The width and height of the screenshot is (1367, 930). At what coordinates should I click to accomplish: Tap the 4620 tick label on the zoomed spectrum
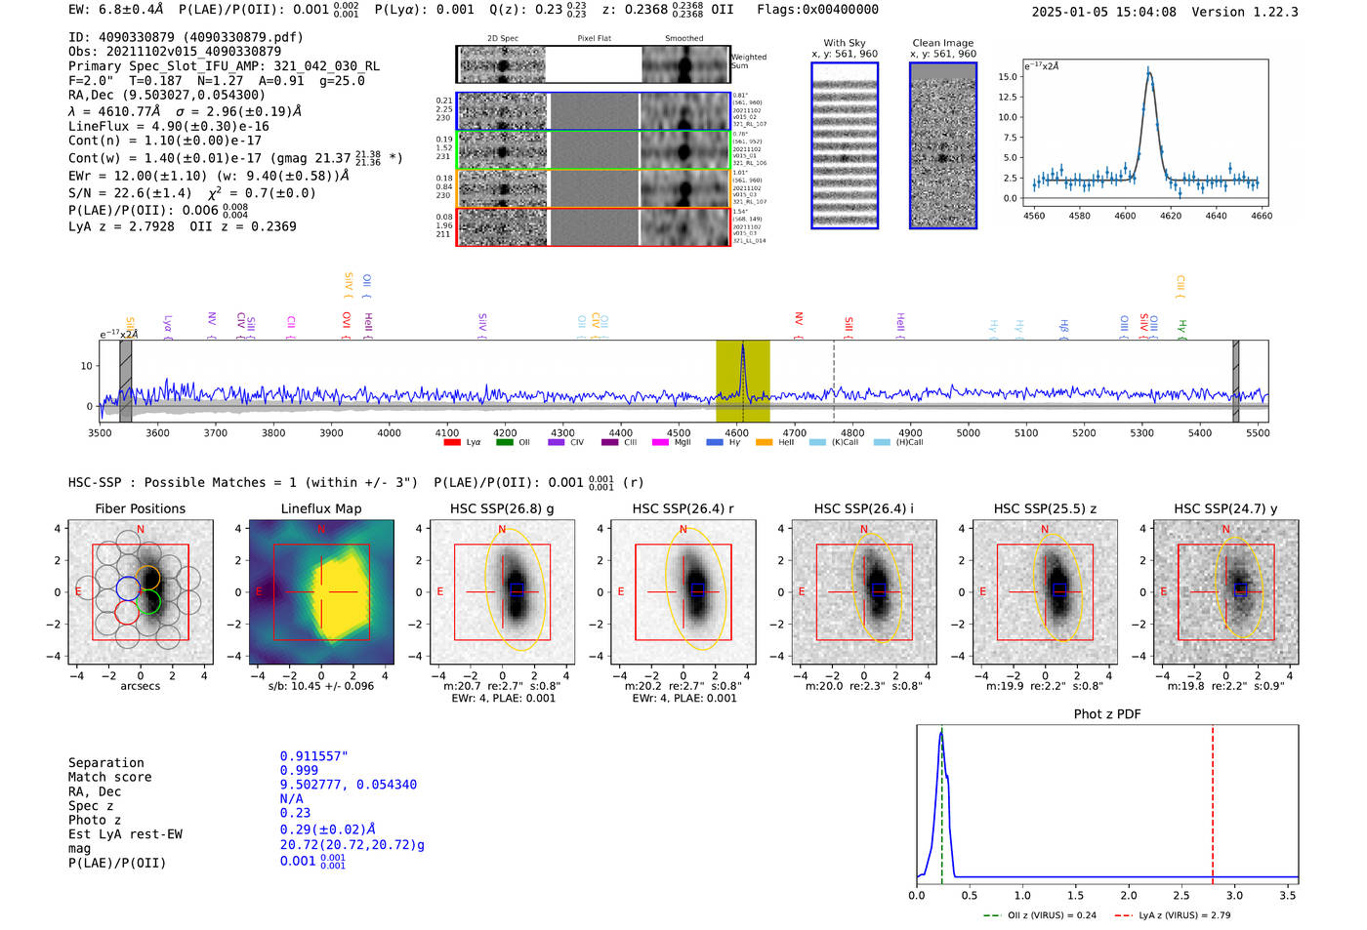[x=1171, y=216]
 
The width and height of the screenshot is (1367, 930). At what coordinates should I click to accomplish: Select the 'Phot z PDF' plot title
[x=1106, y=714]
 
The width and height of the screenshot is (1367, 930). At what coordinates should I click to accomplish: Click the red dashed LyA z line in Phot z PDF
[x=1213, y=800]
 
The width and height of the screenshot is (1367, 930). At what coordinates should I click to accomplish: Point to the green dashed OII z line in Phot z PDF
[x=941, y=800]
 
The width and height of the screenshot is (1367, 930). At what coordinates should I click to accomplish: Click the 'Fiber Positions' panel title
[x=140, y=508]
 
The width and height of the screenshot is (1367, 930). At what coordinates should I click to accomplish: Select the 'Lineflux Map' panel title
[x=321, y=508]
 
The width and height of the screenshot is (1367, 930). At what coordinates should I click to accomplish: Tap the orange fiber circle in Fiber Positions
[x=147, y=577]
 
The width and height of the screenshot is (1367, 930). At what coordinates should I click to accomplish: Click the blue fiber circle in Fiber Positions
[x=128, y=588]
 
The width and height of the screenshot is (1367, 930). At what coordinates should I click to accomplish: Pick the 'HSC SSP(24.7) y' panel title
[x=1225, y=508]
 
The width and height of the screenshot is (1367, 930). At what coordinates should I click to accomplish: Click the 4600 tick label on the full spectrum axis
[x=736, y=433]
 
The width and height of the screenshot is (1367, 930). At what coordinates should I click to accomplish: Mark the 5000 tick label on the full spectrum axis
[x=968, y=433]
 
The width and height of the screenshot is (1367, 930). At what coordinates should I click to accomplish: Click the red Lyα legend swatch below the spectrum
[x=452, y=443]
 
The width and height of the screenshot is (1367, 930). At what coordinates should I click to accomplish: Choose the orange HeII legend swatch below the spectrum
[x=764, y=443]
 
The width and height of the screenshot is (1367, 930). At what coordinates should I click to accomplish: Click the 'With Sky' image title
[x=844, y=43]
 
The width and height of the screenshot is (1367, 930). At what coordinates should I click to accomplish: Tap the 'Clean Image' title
[x=942, y=43]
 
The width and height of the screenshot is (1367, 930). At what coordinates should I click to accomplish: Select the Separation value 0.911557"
[x=313, y=756]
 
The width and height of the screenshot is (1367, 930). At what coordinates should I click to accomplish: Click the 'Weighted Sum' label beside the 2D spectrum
[x=749, y=61]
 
